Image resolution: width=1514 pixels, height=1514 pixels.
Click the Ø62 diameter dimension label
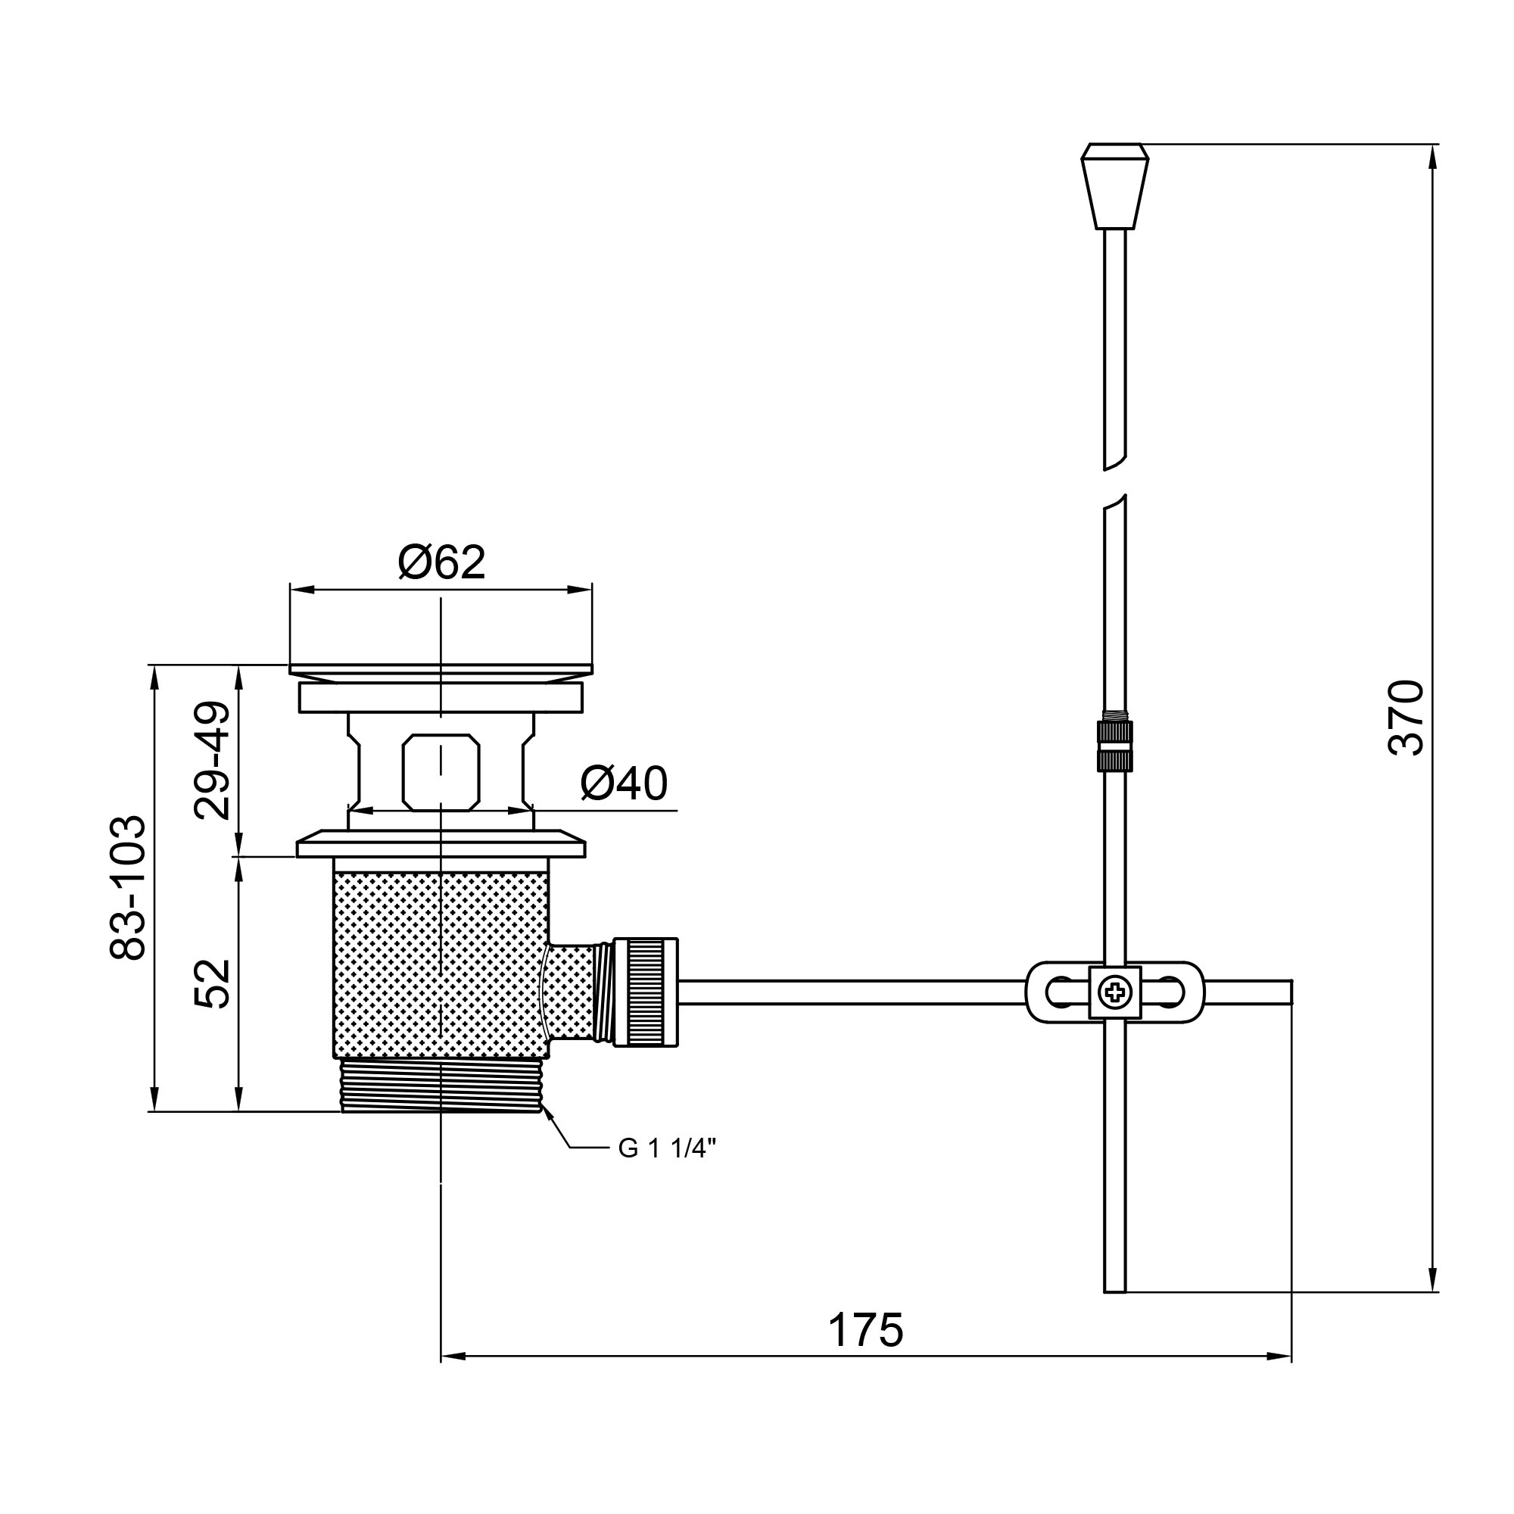coord(441,562)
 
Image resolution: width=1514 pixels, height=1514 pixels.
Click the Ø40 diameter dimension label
coord(624,783)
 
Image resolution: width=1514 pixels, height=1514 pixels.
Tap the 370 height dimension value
coord(1405,718)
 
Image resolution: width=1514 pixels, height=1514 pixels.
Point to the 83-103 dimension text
coord(128,888)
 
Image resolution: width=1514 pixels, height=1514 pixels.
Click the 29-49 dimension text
coord(213,760)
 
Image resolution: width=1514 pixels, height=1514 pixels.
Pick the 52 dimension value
coord(213,983)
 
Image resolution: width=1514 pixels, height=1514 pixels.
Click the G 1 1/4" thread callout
coord(667,1148)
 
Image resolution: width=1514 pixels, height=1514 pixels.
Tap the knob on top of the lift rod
coord(1114,186)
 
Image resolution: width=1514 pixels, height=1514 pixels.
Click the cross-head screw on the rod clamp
coord(1114,993)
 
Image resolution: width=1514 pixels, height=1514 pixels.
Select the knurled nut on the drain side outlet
coord(645,992)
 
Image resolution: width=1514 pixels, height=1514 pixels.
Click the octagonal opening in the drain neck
coord(441,772)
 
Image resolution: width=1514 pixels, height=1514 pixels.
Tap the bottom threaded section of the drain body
coord(441,1085)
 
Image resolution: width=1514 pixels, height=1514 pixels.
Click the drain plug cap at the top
coord(441,671)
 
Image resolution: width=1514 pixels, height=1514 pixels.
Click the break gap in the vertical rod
coord(1114,482)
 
